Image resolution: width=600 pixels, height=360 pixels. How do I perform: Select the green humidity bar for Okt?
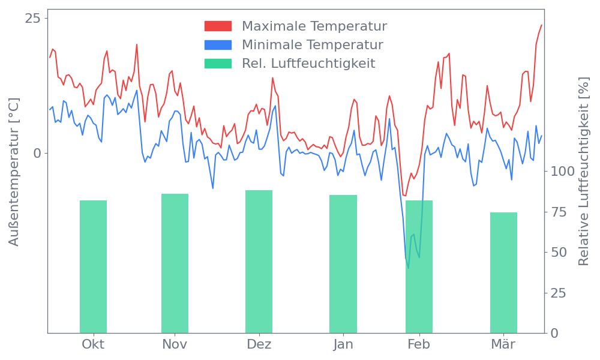pos(93,266)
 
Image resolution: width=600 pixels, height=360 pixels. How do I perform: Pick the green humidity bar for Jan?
pos(343,263)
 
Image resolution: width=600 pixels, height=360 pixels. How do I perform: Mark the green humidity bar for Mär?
pos(503,272)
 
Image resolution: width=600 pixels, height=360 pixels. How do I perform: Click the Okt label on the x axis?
pos(93,344)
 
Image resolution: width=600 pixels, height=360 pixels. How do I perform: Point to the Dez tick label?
pos(259,344)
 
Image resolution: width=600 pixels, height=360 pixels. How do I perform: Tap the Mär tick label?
pos(503,344)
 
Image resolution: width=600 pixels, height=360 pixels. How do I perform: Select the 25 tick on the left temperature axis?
pos(32,19)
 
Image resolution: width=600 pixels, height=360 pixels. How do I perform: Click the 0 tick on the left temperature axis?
pos(37,153)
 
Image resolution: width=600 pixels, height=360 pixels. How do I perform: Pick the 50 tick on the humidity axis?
pos(559,252)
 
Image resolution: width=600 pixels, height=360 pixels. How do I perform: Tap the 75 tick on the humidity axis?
pos(559,212)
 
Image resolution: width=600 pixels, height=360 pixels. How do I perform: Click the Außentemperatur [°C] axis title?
pos(14,172)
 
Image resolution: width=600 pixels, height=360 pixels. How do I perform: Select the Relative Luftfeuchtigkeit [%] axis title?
pos(583,172)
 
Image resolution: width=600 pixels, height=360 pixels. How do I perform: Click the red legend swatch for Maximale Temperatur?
pos(218,26)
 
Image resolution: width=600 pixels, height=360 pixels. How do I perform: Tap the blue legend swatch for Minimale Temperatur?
pos(218,45)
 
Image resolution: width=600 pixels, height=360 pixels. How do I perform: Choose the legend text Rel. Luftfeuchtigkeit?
pos(308,64)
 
